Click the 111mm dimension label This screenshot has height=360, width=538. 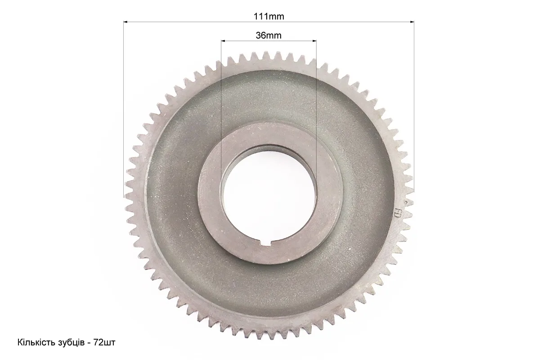click(269, 16)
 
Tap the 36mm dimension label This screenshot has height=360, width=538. click(268, 36)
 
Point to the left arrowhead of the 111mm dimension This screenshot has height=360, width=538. click(126, 22)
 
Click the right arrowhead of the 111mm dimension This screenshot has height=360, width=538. click(412, 22)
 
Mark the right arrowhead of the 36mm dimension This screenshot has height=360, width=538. click(314, 41)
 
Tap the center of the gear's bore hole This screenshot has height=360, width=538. click(268, 196)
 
